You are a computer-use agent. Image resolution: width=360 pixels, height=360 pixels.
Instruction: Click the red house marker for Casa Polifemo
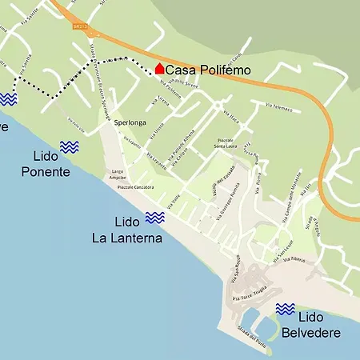coord(159,70)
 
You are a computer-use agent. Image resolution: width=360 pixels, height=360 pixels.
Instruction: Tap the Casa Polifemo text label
coord(208,70)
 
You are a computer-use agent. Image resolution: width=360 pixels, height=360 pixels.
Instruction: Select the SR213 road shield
coord(78,26)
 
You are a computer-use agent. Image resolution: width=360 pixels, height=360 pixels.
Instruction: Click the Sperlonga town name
coord(130,122)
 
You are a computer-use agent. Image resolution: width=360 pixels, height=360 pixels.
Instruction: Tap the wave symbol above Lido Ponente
coord(69,146)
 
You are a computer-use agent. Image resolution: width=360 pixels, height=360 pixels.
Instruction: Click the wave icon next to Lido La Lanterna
coord(154,218)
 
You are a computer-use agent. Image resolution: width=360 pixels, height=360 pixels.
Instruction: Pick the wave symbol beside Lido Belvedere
coord(285,309)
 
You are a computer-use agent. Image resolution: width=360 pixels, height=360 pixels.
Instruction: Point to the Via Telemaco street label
coord(275,109)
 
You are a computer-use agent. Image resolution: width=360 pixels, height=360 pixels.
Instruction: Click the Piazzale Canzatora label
coord(135,187)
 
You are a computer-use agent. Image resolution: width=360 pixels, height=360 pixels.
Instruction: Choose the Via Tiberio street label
coord(292,260)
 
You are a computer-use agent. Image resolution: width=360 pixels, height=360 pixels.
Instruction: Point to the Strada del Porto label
coord(253,335)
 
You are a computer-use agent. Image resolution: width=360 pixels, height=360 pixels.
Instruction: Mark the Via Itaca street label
coord(232,117)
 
